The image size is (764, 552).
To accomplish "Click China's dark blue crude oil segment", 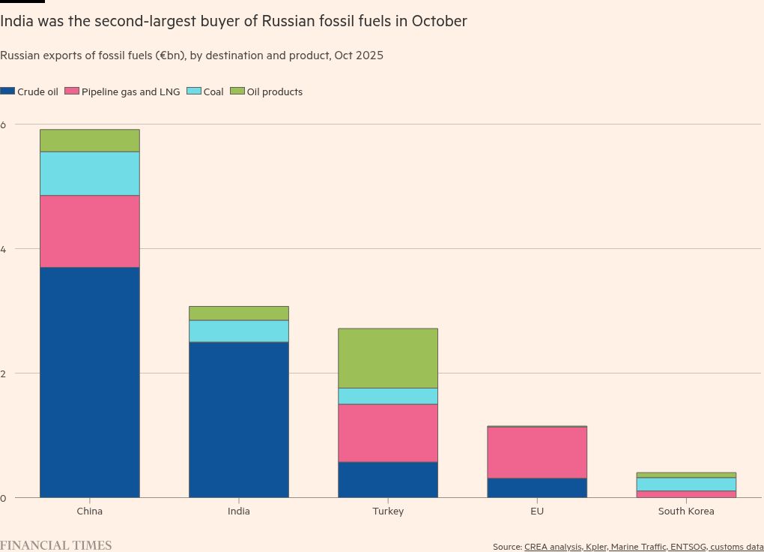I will [x=89, y=382].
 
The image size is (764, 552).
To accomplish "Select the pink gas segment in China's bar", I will [x=89, y=231].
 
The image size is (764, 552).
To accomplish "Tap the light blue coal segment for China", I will [x=89, y=173].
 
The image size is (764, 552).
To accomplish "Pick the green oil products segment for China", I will [x=89, y=140].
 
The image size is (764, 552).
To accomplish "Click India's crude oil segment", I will [x=238, y=419].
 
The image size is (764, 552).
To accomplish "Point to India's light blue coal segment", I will [x=238, y=331].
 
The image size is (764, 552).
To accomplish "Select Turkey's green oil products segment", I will [x=387, y=358].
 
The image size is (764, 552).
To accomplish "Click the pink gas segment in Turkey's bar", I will [x=387, y=433].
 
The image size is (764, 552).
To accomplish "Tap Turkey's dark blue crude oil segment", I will [x=387, y=479].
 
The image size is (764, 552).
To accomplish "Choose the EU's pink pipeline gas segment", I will [x=536, y=452].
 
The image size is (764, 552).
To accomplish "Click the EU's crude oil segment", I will [x=536, y=487].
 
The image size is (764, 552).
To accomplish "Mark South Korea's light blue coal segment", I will [x=685, y=484].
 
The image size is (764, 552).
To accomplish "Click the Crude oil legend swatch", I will [x=7, y=91].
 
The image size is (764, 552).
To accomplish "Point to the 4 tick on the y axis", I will [x=4, y=248].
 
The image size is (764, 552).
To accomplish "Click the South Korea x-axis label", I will [x=685, y=511].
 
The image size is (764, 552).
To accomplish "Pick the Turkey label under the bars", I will [x=387, y=511].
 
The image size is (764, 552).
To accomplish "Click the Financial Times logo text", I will [x=55, y=545].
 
